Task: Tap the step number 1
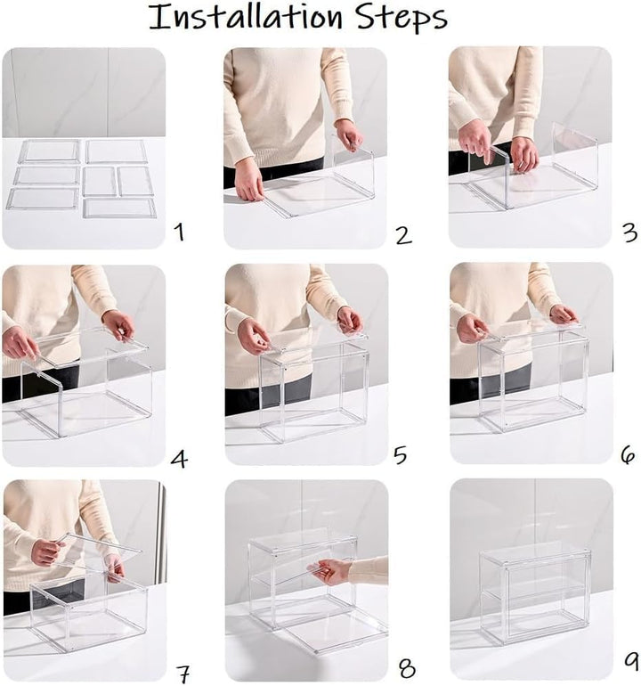click(179, 234)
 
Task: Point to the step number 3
click(629, 233)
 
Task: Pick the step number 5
click(401, 456)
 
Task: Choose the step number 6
click(628, 456)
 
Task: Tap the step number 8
click(406, 668)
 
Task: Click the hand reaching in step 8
click(331, 571)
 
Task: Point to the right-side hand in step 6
click(563, 314)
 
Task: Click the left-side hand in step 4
click(20, 343)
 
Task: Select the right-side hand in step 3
click(524, 153)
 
